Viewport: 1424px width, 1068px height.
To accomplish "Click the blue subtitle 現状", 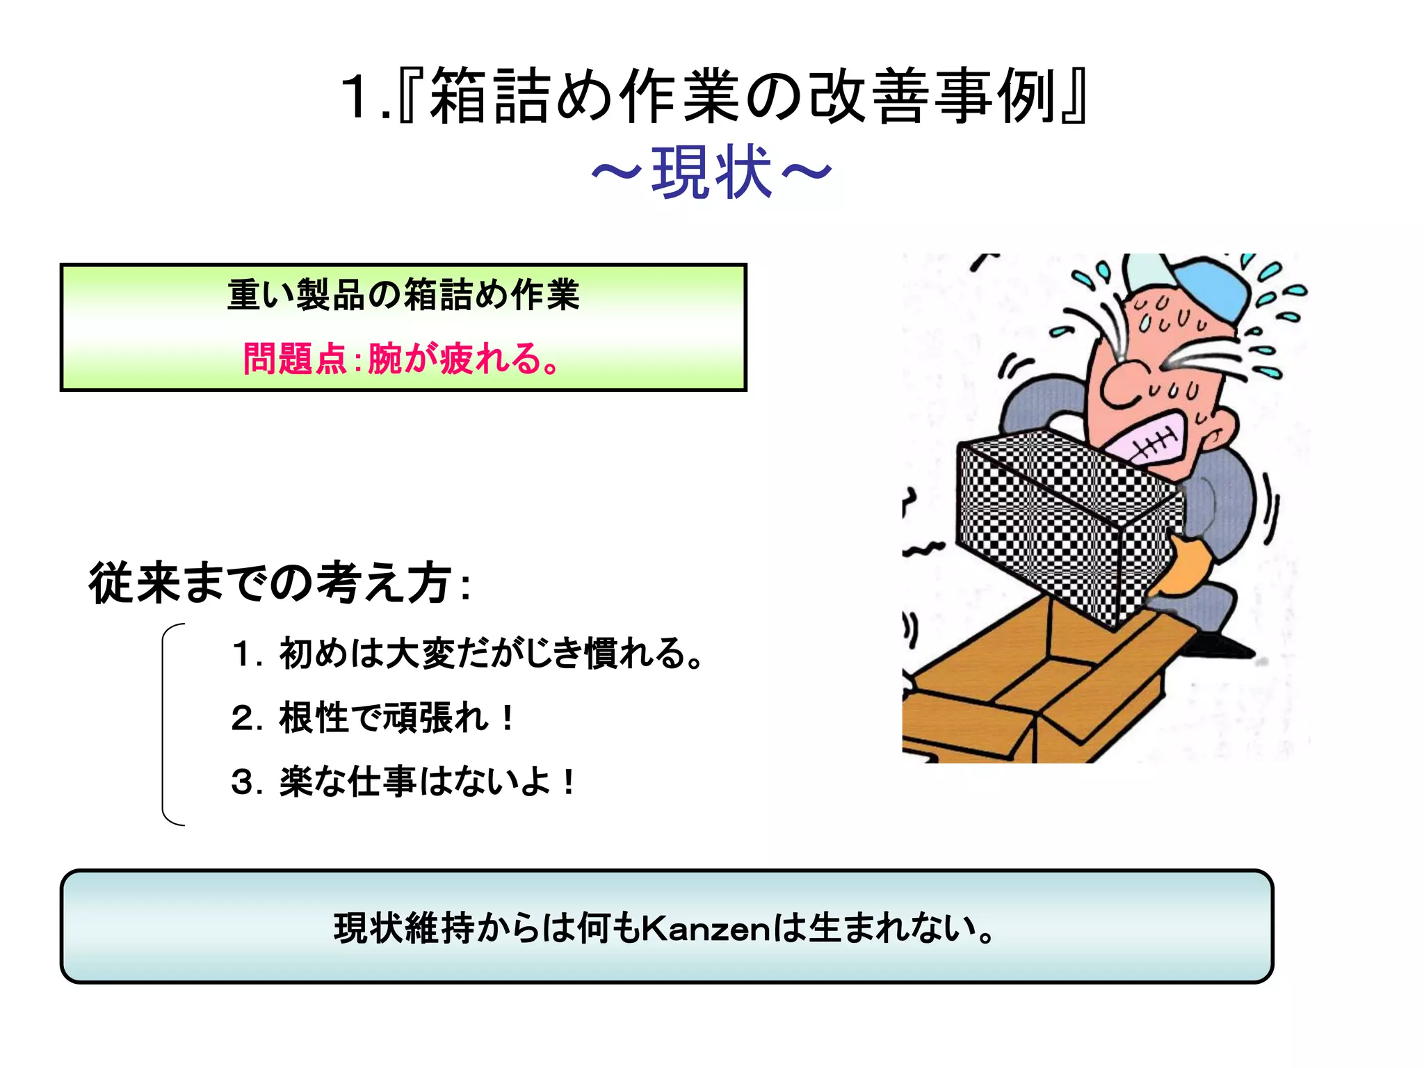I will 711,173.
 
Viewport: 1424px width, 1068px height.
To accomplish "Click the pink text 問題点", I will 294,359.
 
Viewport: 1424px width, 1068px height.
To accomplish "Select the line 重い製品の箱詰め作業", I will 403,295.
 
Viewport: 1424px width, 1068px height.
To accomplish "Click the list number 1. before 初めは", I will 245,654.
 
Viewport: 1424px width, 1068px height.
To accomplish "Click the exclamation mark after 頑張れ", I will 508,718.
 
